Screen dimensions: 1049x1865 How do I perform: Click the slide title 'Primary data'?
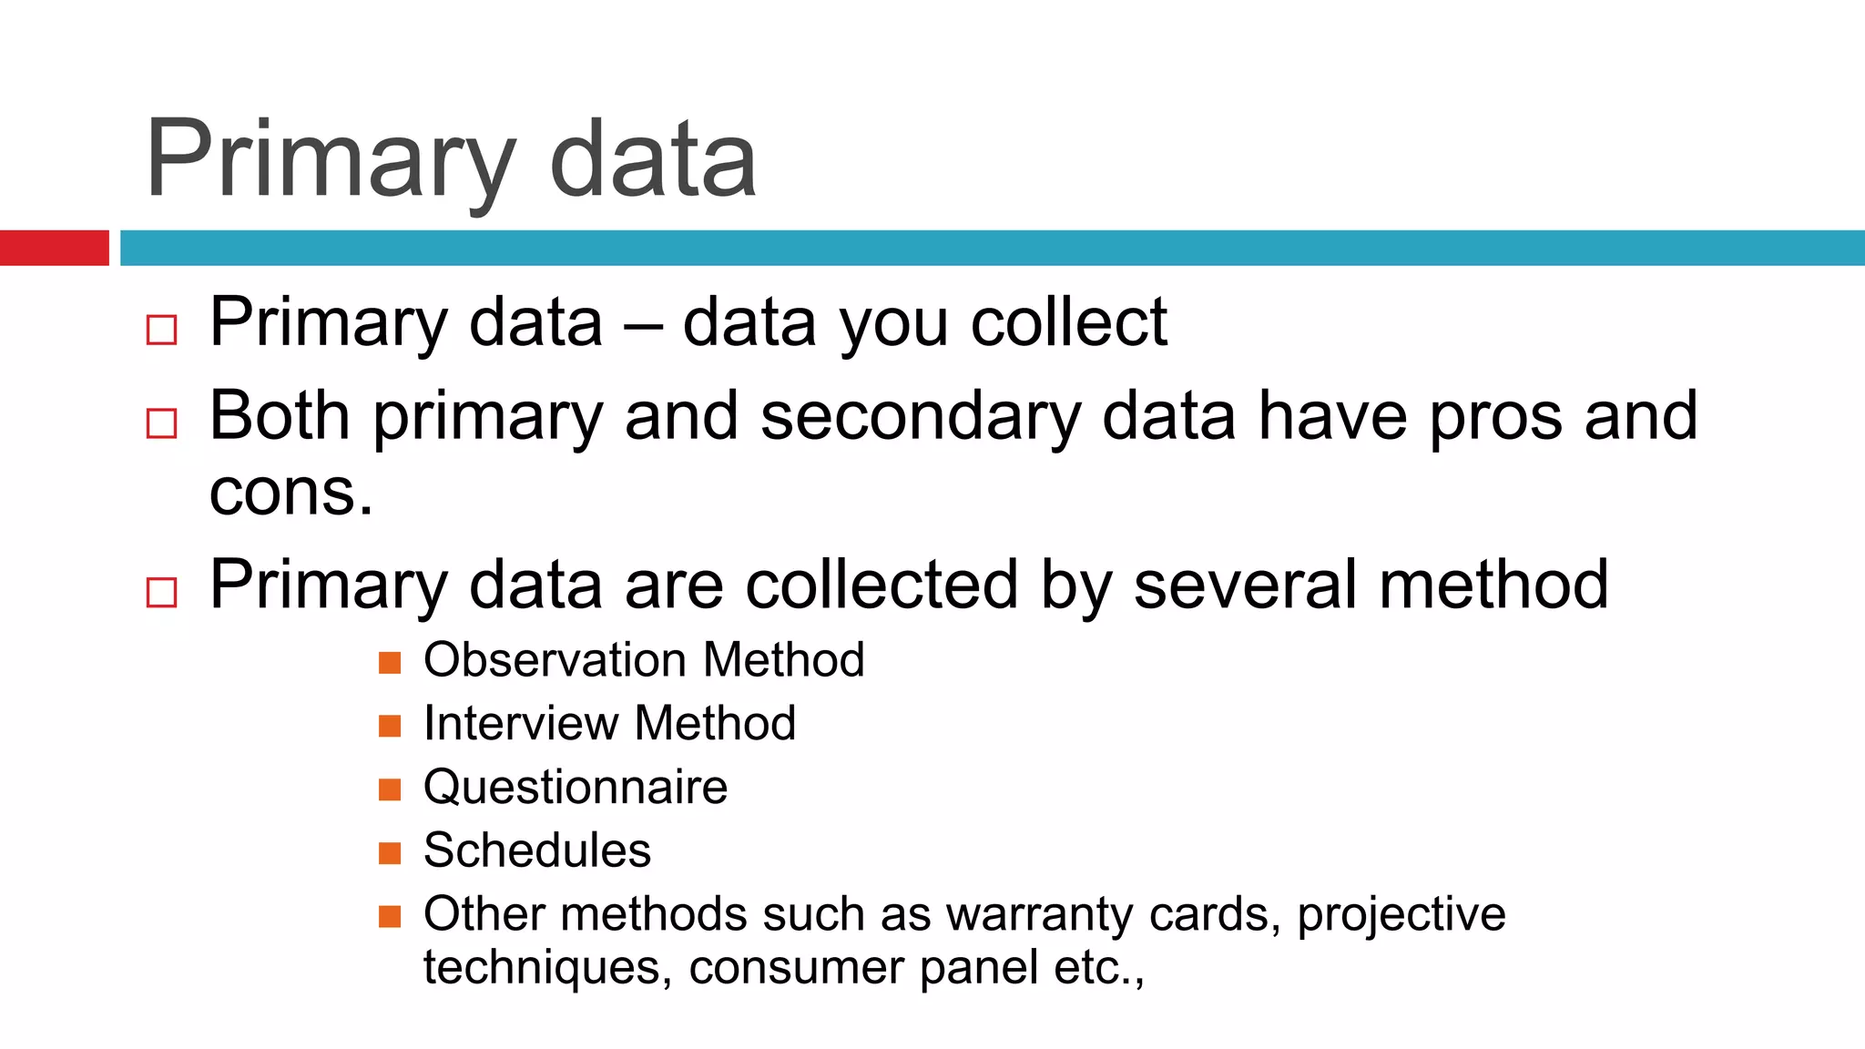pyautogui.click(x=451, y=160)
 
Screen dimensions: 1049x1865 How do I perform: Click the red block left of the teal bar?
pyautogui.click(x=54, y=248)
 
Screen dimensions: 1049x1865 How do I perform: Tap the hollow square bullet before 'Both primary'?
pyautogui.click(x=161, y=423)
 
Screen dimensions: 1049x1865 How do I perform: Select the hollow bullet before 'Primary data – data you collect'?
pyautogui.click(x=161, y=330)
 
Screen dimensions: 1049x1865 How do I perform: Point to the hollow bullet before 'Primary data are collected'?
pyautogui.click(x=161, y=592)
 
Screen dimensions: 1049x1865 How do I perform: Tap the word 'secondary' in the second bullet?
pyautogui.click(x=920, y=417)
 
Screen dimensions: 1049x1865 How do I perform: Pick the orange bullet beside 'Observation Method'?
pyautogui.click(x=390, y=663)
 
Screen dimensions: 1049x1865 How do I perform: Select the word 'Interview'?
pyautogui.click(x=521, y=723)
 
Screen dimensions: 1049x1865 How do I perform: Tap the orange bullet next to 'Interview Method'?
pyautogui.click(x=390, y=726)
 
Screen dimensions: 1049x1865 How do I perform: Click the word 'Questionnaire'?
pyautogui.click(x=576, y=787)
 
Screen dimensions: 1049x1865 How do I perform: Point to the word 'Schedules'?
pyautogui.click(x=537, y=850)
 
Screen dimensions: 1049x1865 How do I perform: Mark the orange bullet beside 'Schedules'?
pyautogui.click(x=390, y=853)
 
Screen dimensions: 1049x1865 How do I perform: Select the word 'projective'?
pyautogui.click(x=1401, y=914)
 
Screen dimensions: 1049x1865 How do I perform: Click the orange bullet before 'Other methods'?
pyautogui.click(x=390, y=916)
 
